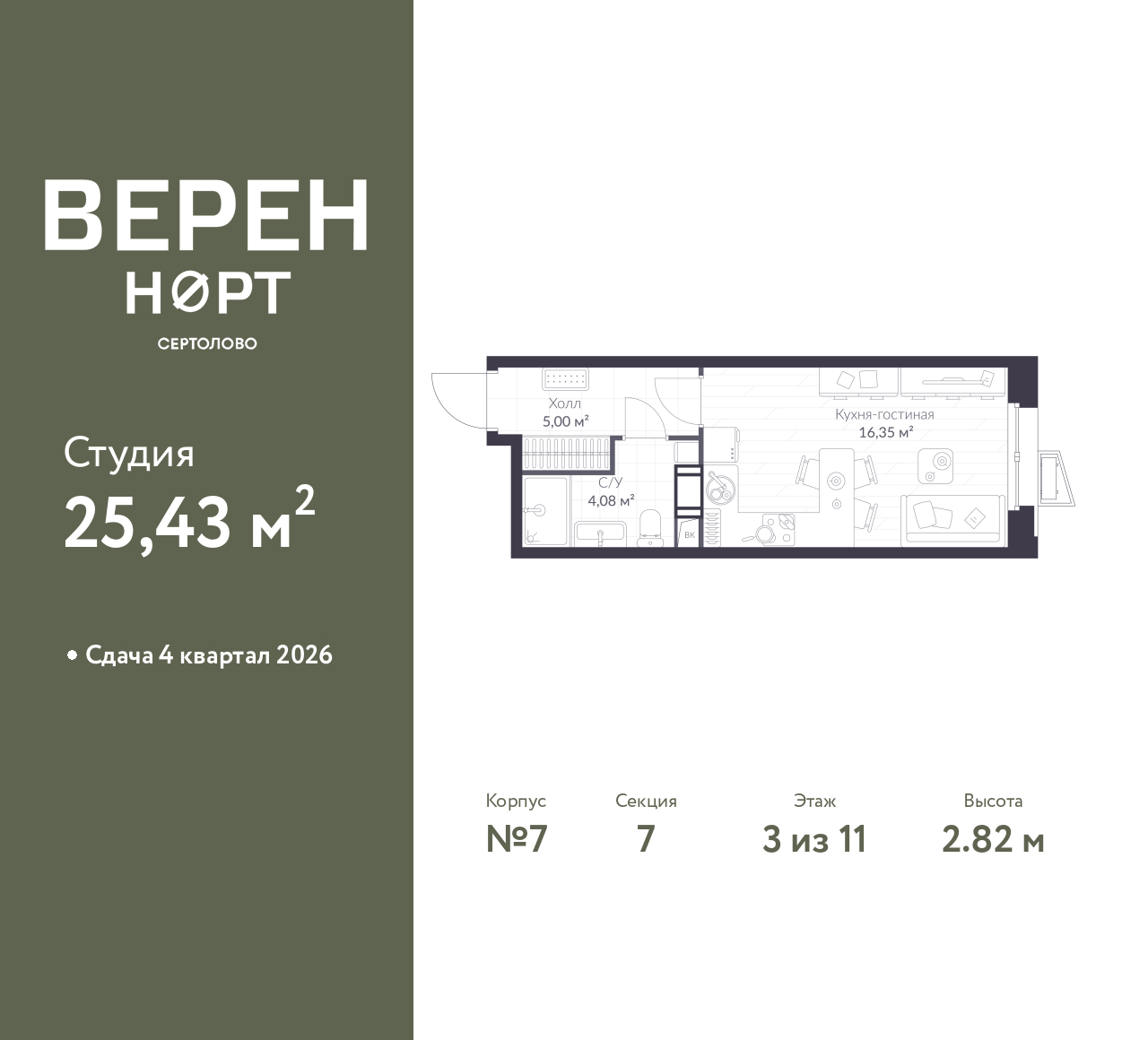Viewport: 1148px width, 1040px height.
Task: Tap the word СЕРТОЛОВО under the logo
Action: pyautogui.click(x=207, y=343)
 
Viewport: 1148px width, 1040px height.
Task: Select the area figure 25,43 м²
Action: pyautogui.click(x=189, y=521)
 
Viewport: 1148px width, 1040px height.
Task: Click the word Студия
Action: pyautogui.click(x=129, y=455)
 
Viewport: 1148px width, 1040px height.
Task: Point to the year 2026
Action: pyautogui.click(x=304, y=655)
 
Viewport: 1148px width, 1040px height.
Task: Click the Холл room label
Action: pyautogui.click(x=564, y=403)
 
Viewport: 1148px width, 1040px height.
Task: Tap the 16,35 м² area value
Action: pyautogui.click(x=885, y=432)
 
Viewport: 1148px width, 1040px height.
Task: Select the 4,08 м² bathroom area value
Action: pyautogui.click(x=611, y=501)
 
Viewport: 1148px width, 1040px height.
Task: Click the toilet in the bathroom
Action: pyautogui.click(x=649, y=528)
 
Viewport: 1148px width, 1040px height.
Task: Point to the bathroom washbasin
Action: pyautogui.click(x=600, y=533)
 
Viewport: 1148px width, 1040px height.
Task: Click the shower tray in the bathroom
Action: pyautogui.click(x=545, y=511)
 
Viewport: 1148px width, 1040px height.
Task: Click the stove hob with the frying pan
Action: pyautogui.click(x=774, y=530)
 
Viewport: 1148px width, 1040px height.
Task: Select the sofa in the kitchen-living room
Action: pyautogui.click(x=952, y=521)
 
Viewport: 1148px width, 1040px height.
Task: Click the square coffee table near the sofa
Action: pyautogui.click(x=935, y=465)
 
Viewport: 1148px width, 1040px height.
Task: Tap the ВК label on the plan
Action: pyautogui.click(x=690, y=535)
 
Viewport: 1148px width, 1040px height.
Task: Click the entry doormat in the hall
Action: pyautogui.click(x=565, y=378)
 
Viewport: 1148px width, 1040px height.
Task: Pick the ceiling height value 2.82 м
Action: pyautogui.click(x=993, y=840)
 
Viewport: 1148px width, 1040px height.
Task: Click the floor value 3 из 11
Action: pyautogui.click(x=814, y=840)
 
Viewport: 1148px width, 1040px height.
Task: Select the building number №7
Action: pyautogui.click(x=517, y=840)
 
